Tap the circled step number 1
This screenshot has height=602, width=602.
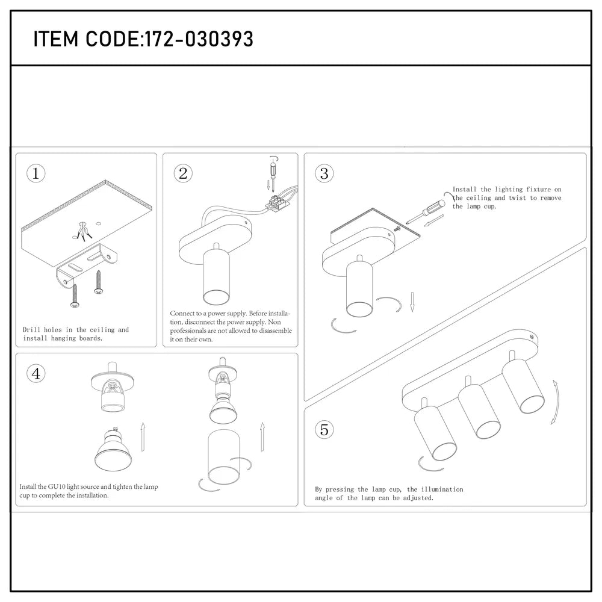coord(36,174)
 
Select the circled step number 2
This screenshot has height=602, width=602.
coord(183,174)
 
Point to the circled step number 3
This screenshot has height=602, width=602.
coord(324,174)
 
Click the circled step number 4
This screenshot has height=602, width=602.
coord(36,373)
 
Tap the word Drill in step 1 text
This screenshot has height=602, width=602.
coord(32,330)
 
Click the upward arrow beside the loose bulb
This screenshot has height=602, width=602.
coord(142,436)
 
